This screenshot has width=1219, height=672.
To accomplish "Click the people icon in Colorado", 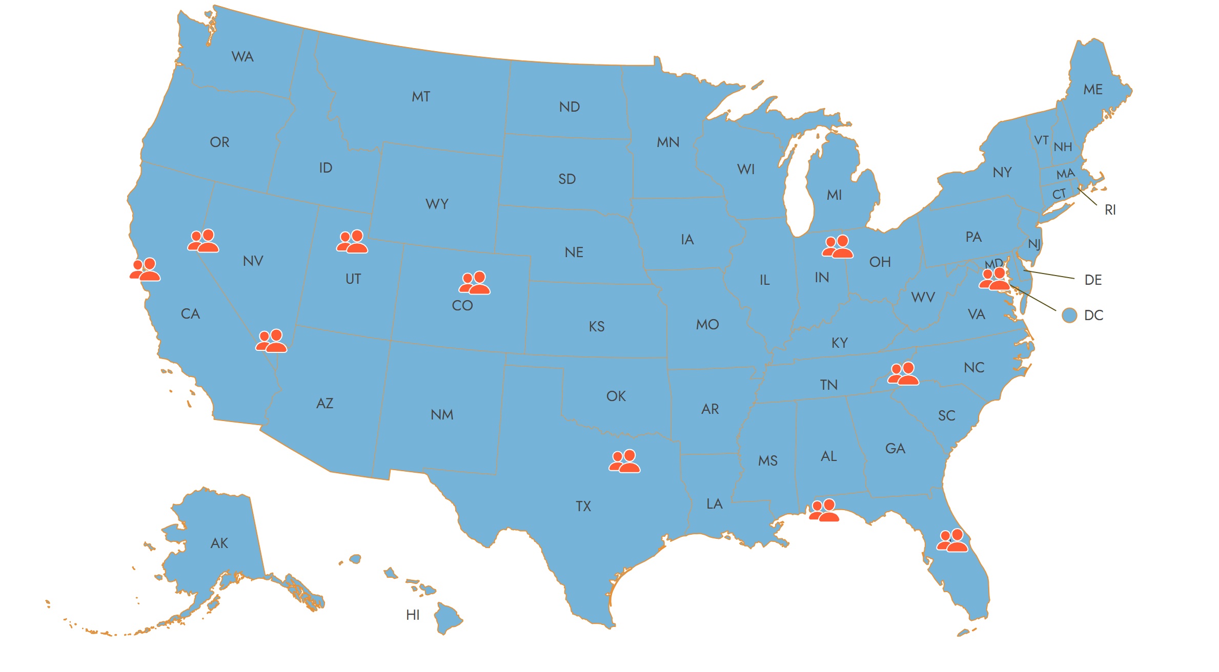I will [x=475, y=283].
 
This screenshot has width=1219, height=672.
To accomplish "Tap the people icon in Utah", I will [x=352, y=242].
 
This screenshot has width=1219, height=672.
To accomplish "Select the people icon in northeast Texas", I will [x=624, y=461].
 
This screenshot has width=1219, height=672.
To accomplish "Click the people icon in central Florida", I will [x=952, y=541].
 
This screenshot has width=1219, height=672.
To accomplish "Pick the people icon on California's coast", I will [x=145, y=270].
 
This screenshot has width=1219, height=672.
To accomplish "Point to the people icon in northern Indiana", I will [x=838, y=247].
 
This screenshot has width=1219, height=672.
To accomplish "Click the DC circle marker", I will [x=1069, y=316].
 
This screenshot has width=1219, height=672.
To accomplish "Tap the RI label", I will [x=1110, y=210].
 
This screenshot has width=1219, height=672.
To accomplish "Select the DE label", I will [x=1093, y=280].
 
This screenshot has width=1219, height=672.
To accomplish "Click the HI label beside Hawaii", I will [x=413, y=615].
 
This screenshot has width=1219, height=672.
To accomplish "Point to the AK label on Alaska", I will [x=219, y=543].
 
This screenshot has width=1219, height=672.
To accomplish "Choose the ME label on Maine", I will [x=1093, y=90].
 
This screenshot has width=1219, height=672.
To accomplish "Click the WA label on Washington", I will [x=242, y=57].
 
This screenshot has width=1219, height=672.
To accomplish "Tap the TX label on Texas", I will [x=583, y=507].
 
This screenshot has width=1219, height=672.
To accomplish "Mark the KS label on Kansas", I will [x=597, y=327].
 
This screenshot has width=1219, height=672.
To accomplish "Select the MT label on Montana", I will [x=421, y=97].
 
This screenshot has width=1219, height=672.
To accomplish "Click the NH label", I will [x=1063, y=148].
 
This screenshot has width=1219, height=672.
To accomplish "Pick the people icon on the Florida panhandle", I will [x=824, y=511].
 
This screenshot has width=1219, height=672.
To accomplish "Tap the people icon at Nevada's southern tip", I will [x=271, y=341].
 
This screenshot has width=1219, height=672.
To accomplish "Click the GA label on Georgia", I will [x=895, y=449].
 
